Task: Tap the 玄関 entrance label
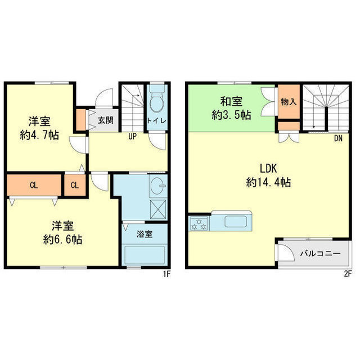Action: (x=105, y=120)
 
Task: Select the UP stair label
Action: (x=133, y=137)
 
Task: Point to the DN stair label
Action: (x=338, y=138)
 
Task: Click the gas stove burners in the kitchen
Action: (x=199, y=224)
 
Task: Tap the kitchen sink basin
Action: (x=236, y=222)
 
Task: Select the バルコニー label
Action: (x=321, y=254)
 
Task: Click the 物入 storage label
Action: (x=289, y=102)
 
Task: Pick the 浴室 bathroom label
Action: (x=145, y=234)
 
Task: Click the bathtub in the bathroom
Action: (x=145, y=255)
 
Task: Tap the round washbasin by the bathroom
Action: (x=158, y=185)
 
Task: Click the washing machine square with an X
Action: (x=158, y=209)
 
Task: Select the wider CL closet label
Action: (x=34, y=185)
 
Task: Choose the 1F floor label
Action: (x=166, y=274)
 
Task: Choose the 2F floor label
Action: (x=348, y=274)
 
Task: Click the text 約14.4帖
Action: (x=268, y=182)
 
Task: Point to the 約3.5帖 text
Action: (x=231, y=115)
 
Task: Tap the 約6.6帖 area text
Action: (x=62, y=240)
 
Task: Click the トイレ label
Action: (x=156, y=121)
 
